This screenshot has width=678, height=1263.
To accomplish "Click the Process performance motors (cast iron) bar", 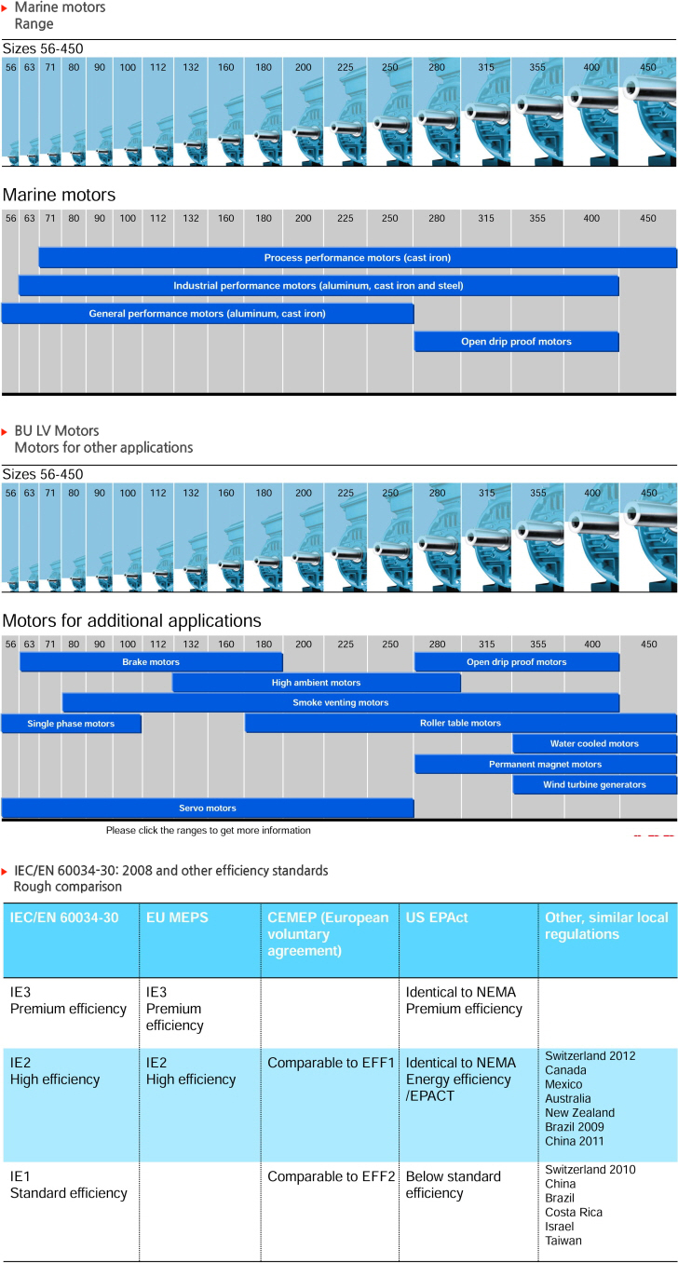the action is coord(358,258).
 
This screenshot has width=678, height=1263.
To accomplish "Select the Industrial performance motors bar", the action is coord(319,286).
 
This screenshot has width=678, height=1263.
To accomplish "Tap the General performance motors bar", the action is coord(208,314).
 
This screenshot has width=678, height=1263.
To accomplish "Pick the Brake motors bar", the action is coord(151,662).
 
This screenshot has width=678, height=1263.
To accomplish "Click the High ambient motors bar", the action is coord(316,682).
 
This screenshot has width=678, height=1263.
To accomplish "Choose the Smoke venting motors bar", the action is coord(341,702).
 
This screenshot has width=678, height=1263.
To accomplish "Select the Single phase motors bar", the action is coord(71,724).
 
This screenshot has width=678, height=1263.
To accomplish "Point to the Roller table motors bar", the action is coord(460,723).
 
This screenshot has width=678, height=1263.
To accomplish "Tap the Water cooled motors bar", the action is coord(594,743).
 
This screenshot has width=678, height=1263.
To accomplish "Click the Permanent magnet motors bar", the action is coord(545,764).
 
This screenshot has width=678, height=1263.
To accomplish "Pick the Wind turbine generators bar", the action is coord(594,784).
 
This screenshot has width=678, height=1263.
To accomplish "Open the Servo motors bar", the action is coord(208,808).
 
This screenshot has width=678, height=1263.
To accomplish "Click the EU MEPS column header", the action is coord(177,917).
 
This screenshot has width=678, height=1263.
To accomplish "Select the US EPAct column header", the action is coord(437,917).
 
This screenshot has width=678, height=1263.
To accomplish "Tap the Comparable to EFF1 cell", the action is coord(331,1063).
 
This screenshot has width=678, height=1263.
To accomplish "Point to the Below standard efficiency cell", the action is coord(454,1185).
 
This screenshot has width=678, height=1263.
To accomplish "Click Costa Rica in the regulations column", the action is coord(574,1213).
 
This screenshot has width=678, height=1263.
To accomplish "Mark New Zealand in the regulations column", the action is coord(580,1112).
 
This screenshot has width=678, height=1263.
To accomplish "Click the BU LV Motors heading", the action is coord(57,430).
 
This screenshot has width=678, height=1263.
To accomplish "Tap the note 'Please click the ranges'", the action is coord(208,830).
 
